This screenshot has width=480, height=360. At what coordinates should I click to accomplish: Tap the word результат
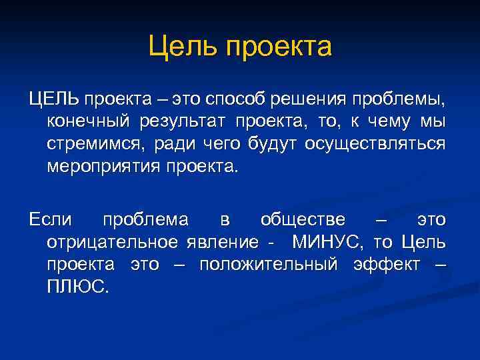pos(188,123)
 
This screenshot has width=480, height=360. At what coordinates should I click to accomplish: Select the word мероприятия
pos(100,166)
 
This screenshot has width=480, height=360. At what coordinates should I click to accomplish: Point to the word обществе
pos(303,220)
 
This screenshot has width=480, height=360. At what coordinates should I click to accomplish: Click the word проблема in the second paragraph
pos(145,220)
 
